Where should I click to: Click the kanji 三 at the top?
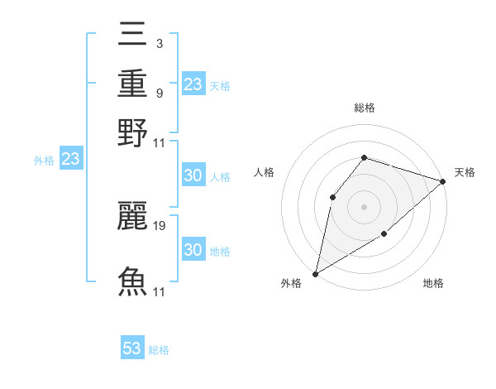pos(133,34)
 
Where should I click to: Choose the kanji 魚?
pos(133,281)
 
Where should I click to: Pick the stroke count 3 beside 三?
pos(158,43)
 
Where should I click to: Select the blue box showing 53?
pos(132,348)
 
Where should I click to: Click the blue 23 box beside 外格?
pos(70,160)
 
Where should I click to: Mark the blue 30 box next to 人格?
pos(193,175)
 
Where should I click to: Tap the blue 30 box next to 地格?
pos(193,250)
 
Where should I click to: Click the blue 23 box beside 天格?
pos(193,84)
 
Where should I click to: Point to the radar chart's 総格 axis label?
pos(364,108)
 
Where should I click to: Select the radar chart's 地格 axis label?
pos(433,284)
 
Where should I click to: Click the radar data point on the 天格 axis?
pos(444,181)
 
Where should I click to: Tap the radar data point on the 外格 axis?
pos(315,273)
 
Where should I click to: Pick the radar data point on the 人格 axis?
pos(332,196)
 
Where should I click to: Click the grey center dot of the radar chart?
pos(364,206)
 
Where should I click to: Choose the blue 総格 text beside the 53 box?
pos(159,350)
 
